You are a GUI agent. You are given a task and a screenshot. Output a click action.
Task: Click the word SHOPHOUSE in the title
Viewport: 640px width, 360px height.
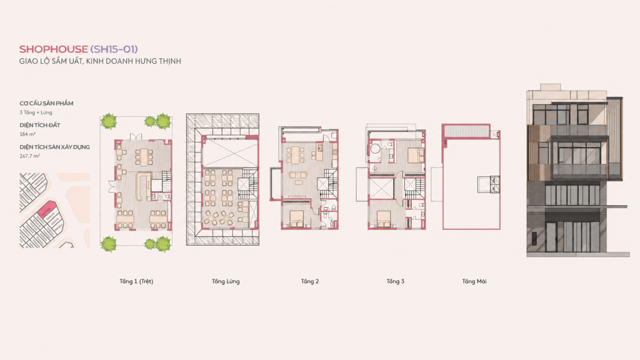(54, 49)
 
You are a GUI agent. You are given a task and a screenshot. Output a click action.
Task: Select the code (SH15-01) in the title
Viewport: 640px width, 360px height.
(114, 49)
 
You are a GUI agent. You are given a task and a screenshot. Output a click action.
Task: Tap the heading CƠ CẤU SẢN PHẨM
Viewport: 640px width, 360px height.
(46, 103)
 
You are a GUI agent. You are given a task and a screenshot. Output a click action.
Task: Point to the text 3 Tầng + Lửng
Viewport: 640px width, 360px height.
(36, 112)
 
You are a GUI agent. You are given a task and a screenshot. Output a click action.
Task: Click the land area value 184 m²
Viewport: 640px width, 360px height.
(27, 134)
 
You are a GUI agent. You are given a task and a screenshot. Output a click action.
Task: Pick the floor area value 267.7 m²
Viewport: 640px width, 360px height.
(30, 156)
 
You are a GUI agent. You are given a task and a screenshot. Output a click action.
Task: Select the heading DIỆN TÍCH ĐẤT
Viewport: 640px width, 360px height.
(40, 125)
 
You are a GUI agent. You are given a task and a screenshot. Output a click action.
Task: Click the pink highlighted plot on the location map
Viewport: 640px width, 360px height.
(46, 209)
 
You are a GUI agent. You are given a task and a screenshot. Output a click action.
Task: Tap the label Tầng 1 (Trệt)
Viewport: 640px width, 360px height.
(136, 281)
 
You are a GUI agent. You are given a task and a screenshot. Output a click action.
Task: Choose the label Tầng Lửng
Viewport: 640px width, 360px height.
(226, 281)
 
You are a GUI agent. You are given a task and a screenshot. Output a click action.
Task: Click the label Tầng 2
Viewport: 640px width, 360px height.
(310, 281)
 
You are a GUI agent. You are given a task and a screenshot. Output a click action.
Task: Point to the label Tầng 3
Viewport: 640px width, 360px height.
(396, 281)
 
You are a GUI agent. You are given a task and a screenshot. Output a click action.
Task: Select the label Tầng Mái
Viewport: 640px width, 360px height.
(474, 281)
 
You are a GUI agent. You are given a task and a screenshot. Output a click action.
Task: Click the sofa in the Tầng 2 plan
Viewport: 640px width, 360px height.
(298, 176)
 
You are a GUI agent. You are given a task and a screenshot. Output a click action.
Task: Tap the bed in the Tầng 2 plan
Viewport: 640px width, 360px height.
(297, 219)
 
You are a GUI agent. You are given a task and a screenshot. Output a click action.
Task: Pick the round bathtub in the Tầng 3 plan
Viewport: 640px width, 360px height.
(375, 148)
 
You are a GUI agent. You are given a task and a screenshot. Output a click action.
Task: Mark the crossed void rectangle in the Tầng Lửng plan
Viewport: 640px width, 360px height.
(230, 153)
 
